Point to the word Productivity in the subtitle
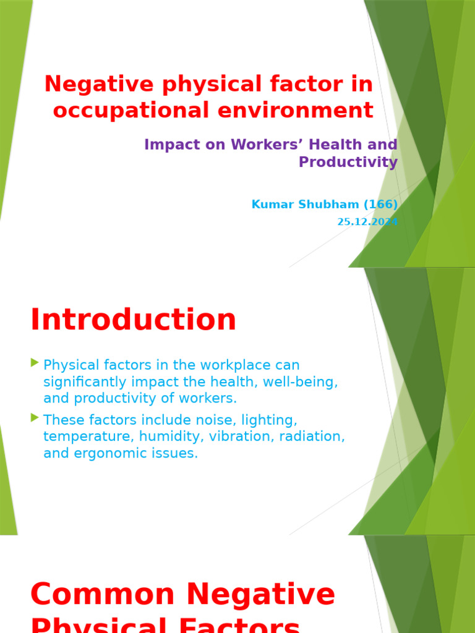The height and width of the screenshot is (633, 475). point(348,162)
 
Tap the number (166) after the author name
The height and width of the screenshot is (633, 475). point(378,205)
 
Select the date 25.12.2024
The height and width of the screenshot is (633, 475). point(367,222)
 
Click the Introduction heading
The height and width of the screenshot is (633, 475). point(133,320)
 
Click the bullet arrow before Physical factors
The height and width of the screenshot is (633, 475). point(35,363)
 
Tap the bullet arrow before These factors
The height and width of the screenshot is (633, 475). point(35,418)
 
